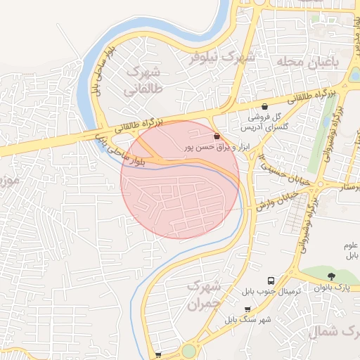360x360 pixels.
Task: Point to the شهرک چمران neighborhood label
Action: click(x=205, y=295)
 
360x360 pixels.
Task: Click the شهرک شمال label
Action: click(x=334, y=332)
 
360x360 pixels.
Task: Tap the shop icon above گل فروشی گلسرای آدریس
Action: click(x=264, y=105)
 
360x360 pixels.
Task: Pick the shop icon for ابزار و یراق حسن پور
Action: click(x=216, y=136)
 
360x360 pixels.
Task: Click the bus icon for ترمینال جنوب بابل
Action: click(x=271, y=279)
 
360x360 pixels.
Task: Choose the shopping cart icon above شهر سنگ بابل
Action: click(x=247, y=309)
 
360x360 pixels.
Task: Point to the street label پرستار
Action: click(x=348, y=187)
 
